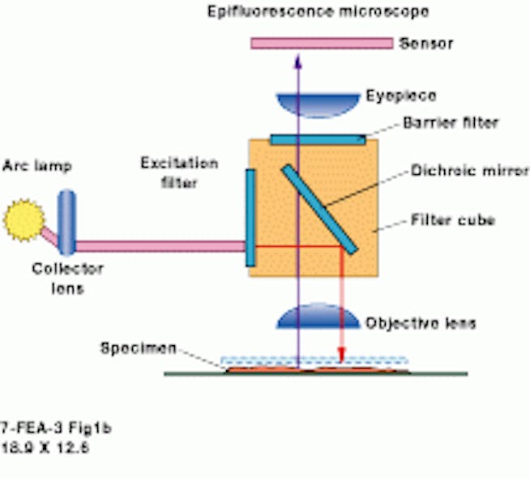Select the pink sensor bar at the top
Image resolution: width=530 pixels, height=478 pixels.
[x=320, y=42]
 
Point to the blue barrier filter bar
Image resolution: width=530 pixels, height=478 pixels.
[x=317, y=139]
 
